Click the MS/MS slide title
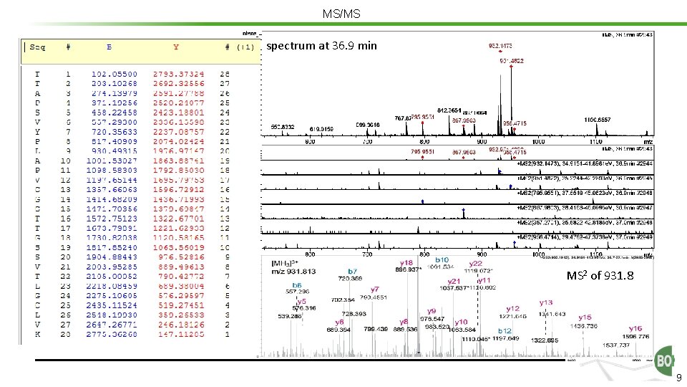pyautogui.click(x=341, y=14)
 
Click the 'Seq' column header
pyautogui.click(x=36, y=47)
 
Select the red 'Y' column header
pyautogui.click(x=176, y=47)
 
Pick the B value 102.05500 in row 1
pyautogui.click(x=114, y=74)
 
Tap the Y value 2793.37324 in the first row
pyautogui.click(x=178, y=74)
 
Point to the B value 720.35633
pyautogui.click(x=114, y=133)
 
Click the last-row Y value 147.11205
pyautogui.click(x=178, y=334)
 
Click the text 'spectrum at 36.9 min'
pyautogui.click(x=322, y=46)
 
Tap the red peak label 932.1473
pyautogui.click(x=500, y=46)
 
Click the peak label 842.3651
pyautogui.click(x=452, y=110)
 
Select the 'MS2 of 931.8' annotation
pyautogui.click(x=600, y=275)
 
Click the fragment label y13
pyautogui.click(x=546, y=303)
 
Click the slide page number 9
pyautogui.click(x=678, y=378)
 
